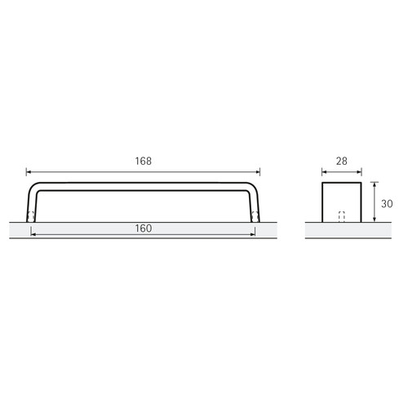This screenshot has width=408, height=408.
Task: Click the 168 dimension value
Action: (x=144, y=161)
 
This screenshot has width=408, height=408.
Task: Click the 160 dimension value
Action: (x=144, y=228)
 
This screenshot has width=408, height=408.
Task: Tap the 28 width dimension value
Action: (x=342, y=162)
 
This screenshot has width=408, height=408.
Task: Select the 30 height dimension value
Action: (x=387, y=204)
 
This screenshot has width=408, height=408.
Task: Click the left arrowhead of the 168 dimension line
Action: (x=29, y=172)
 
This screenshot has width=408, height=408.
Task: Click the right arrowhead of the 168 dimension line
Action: (x=257, y=172)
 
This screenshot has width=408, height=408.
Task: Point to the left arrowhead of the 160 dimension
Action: (x=33, y=234)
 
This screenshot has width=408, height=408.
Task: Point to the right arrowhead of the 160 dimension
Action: (x=252, y=234)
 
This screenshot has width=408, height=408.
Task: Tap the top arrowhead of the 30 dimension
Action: (x=375, y=184)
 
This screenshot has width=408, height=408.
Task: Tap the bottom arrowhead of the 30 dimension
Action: (x=375, y=219)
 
